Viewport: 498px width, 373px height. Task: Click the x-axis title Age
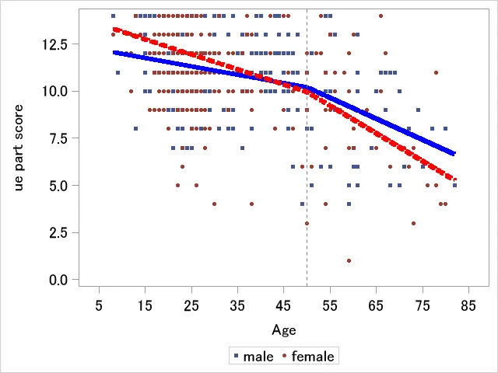[284, 330]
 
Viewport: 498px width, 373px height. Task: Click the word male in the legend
[258, 357]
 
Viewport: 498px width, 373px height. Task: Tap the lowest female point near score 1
[349, 260]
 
